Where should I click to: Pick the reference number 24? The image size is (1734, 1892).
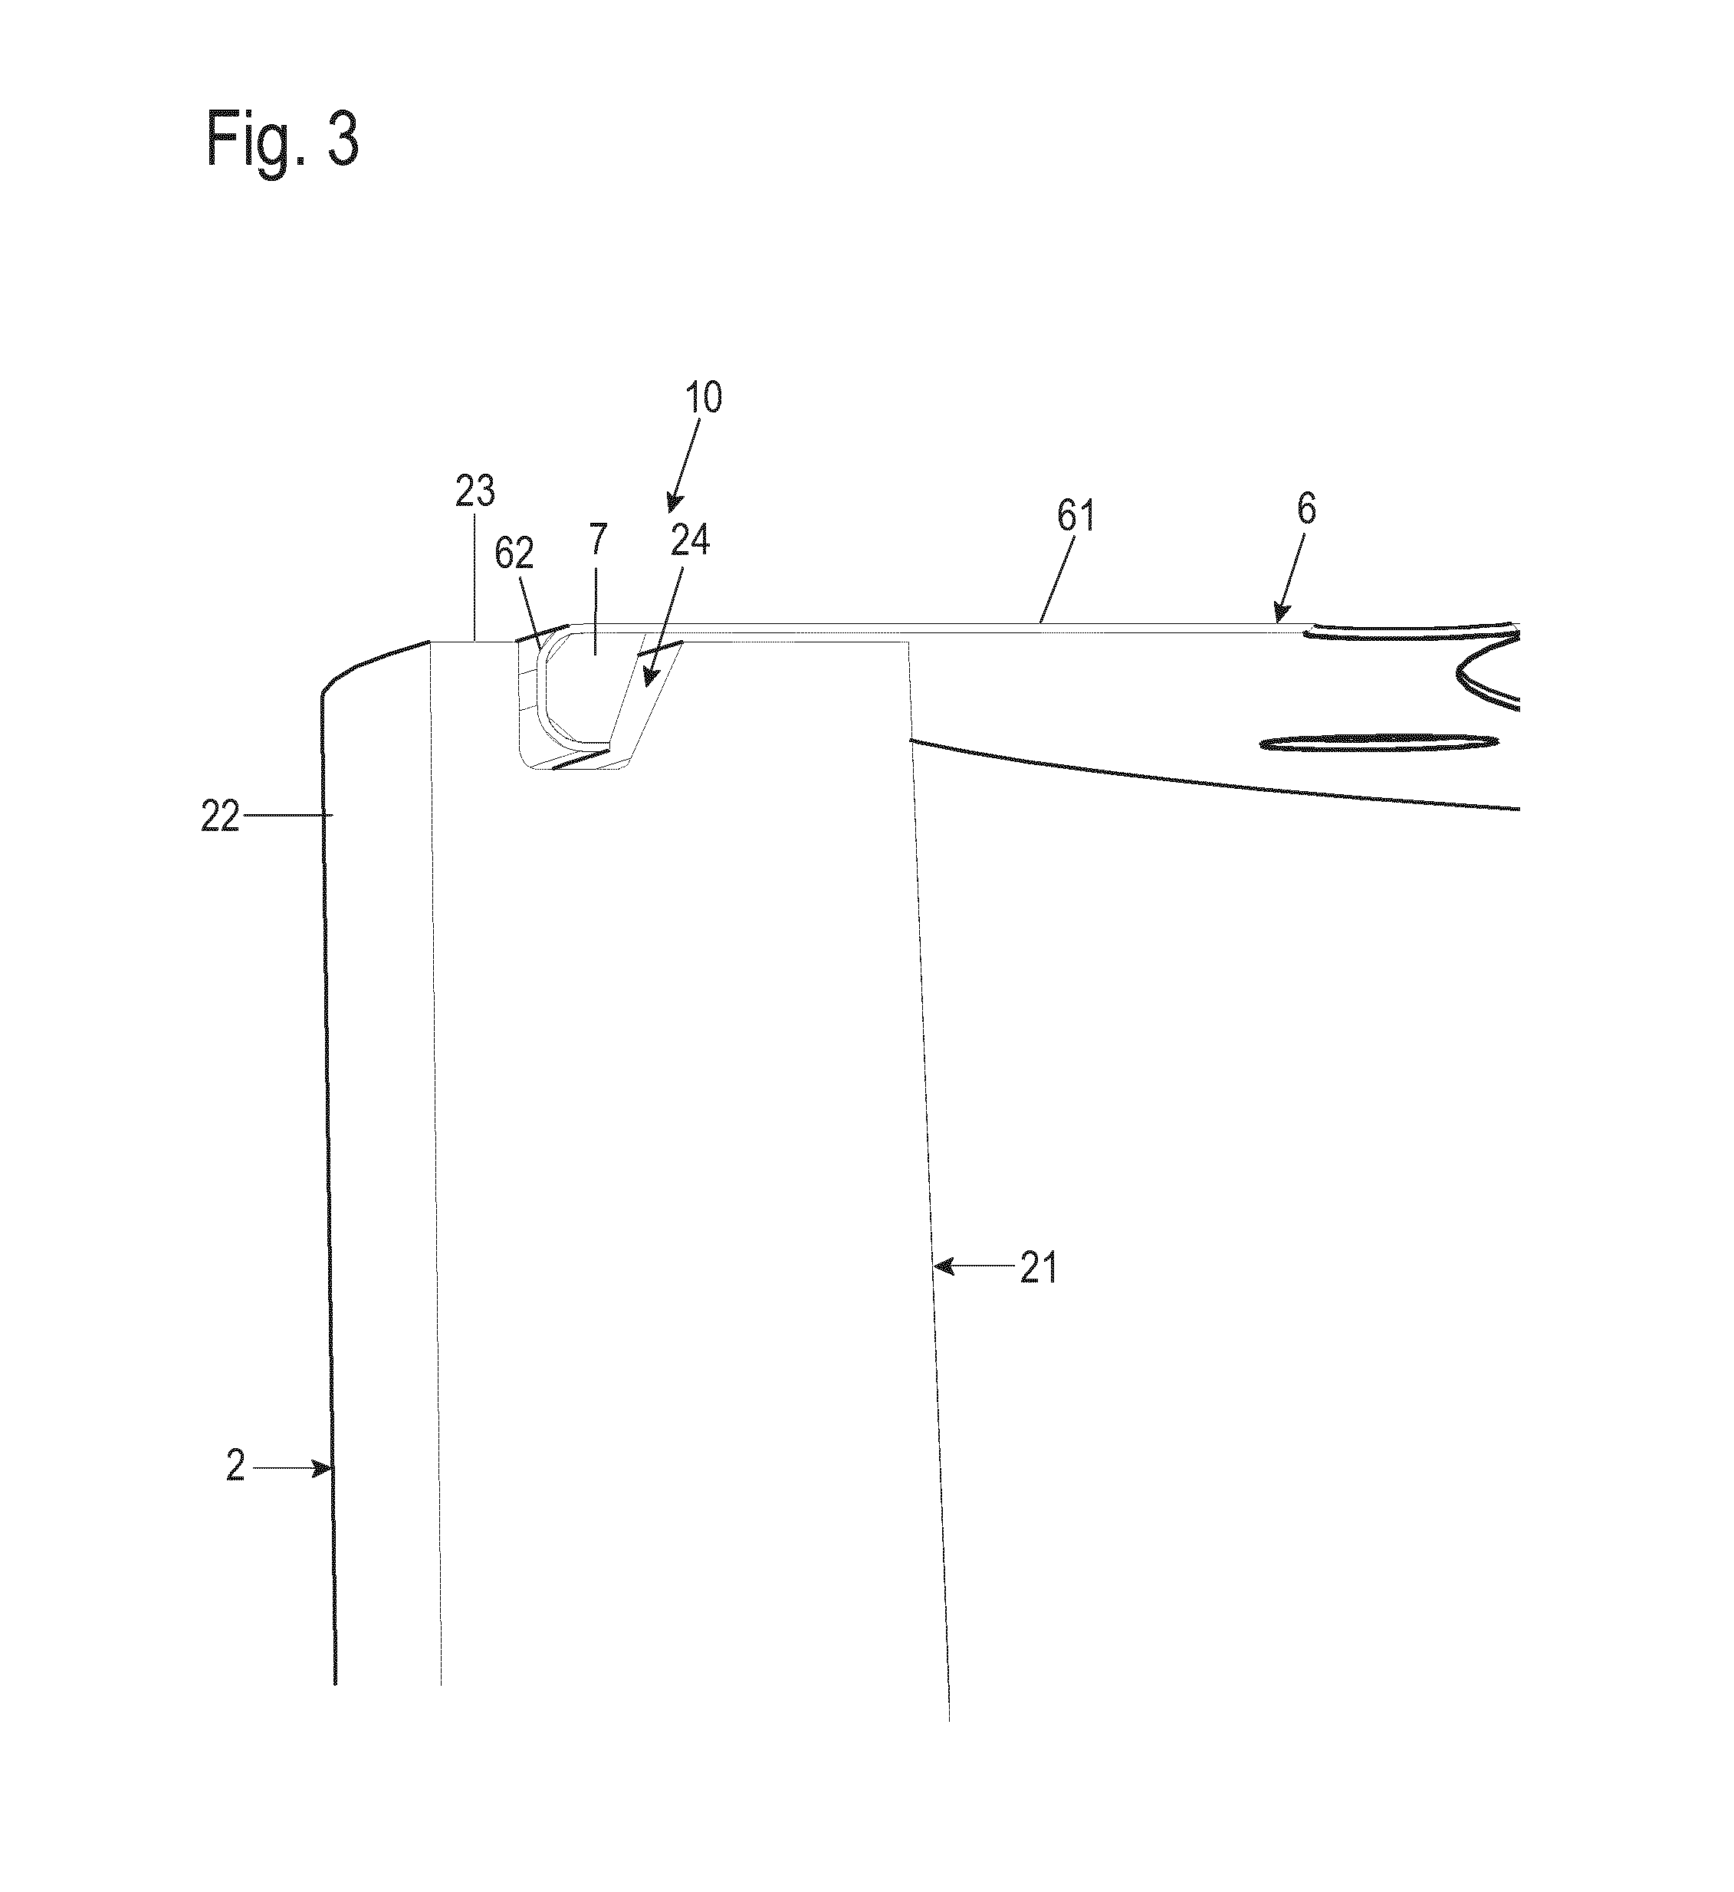pyautogui.click(x=690, y=541)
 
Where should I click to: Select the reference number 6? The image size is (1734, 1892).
pyautogui.click(x=1306, y=509)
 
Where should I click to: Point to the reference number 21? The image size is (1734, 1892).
pyautogui.click(x=1039, y=1268)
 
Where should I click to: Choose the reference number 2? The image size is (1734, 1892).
pyautogui.click(x=235, y=1466)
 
